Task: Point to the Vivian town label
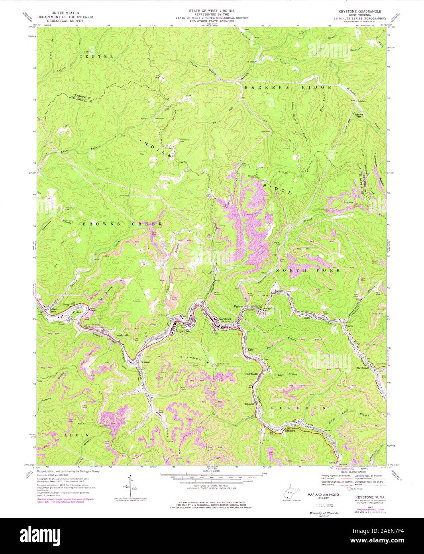tap(77, 313)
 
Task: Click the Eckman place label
tap(145, 362)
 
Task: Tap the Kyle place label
tap(251, 350)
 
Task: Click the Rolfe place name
tap(318, 318)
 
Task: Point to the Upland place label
tap(249, 404)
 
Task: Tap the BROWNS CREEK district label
tap(122, 225)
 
